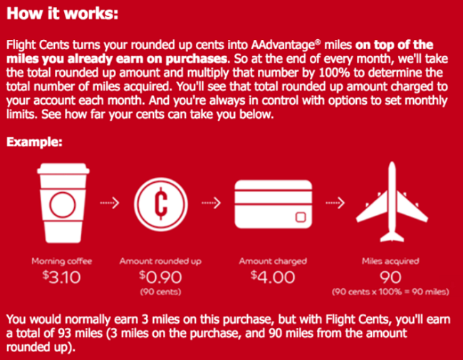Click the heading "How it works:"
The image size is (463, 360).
point(62,14)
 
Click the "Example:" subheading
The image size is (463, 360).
point(34,142)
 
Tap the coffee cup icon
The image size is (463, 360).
point(63,203)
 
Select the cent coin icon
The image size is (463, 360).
point(161,204)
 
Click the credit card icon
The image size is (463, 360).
point(274,204)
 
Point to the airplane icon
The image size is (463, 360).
point(392,201)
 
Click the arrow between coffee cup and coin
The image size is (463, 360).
point(110,203)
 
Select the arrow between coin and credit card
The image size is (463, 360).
point(211,203)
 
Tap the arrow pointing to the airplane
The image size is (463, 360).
point(335,203)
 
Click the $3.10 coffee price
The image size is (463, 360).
point(62,277)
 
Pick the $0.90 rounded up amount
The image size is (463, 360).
point(161,277)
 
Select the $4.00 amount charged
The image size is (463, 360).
point(273,277)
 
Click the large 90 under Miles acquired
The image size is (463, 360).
point(390,277)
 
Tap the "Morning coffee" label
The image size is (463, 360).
point(62,261)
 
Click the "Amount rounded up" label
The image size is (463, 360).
point(160,261)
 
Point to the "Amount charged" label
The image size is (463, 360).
point(273,261)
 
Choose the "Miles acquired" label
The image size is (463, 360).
point(390,261)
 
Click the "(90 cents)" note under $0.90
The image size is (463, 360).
point(161,292)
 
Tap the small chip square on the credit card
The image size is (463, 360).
point(301,217)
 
